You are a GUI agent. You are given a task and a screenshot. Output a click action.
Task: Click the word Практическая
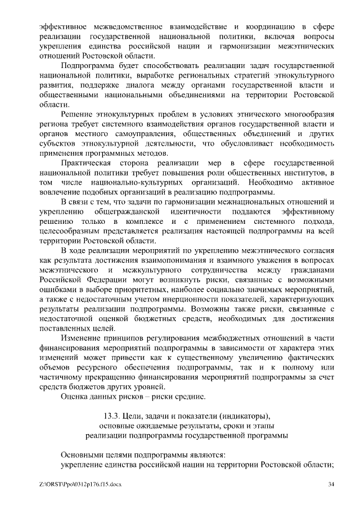pyautogui.click(x=89, y=162)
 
